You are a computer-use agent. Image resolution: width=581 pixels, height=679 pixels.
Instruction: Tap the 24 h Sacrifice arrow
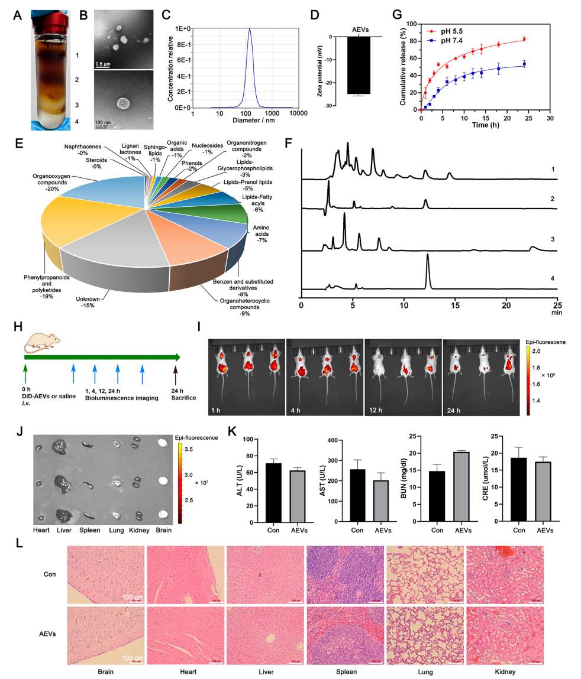(175, 373)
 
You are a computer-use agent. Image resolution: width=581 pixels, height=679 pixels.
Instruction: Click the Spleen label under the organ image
(90, 531)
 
